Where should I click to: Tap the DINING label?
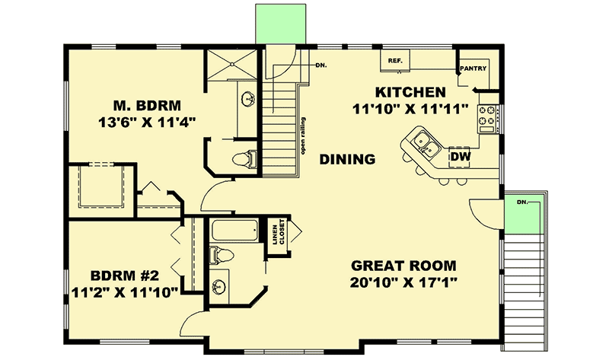[x=347, y=159]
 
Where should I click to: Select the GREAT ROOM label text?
[x=403, y=266]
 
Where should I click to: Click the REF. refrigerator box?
[x=395, y=60]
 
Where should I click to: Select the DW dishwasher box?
[x=459, y=156]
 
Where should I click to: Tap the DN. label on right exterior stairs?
[x=521, y=202]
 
